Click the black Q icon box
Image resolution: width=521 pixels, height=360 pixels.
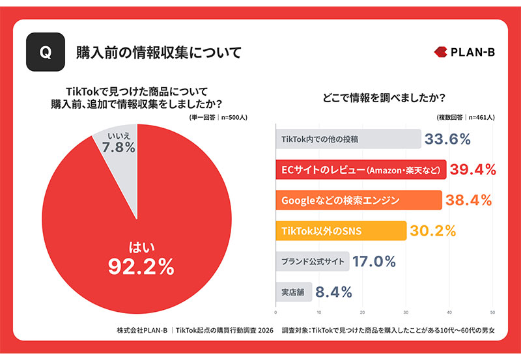pyautogui.click(x=46, y=52)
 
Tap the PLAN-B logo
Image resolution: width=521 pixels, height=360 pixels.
pyautogui.click(x=464, y=52)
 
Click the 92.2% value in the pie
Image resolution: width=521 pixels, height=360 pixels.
pyautogui.click(x=141, y=267)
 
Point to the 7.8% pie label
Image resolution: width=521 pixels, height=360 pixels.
pyautogui.click(x=119, y=148)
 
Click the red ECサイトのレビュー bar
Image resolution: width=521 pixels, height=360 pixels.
pyautogui.click(x=361, y=170)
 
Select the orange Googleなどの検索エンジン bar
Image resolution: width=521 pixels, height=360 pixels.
pyautogui.click(x=359, y=201)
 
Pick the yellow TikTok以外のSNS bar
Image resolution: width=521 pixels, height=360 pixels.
pyautogui.click(x=341, y=231)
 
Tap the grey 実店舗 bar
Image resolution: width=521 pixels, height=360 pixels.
pyautogui.click(x=294, y=292)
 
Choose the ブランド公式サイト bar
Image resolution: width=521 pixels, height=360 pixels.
pyautogui.click(x=313, y=261)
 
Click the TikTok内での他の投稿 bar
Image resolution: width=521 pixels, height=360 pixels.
pyautogui.click(x=348, y=139)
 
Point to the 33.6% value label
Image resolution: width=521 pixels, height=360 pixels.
pyautogui.click(x=447, y=139)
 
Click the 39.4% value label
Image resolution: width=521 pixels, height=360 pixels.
pyautogui.click(x=473, y=170)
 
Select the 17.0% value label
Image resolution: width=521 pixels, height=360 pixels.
pyautogui.click(x=374, y=261)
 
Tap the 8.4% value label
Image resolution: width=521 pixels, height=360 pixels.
pyautogui.click(x=333, y=292)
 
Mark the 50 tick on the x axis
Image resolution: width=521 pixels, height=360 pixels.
pyautogui.click(x=492, y=312)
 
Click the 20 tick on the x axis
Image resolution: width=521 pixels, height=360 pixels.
pyautogui.click(x=362, y=312)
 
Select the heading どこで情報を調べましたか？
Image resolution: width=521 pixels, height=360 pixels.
pyautogui.click(x=384, y=98)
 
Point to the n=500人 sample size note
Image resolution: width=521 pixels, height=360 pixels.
pyautogui.click(x=234, y=117)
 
